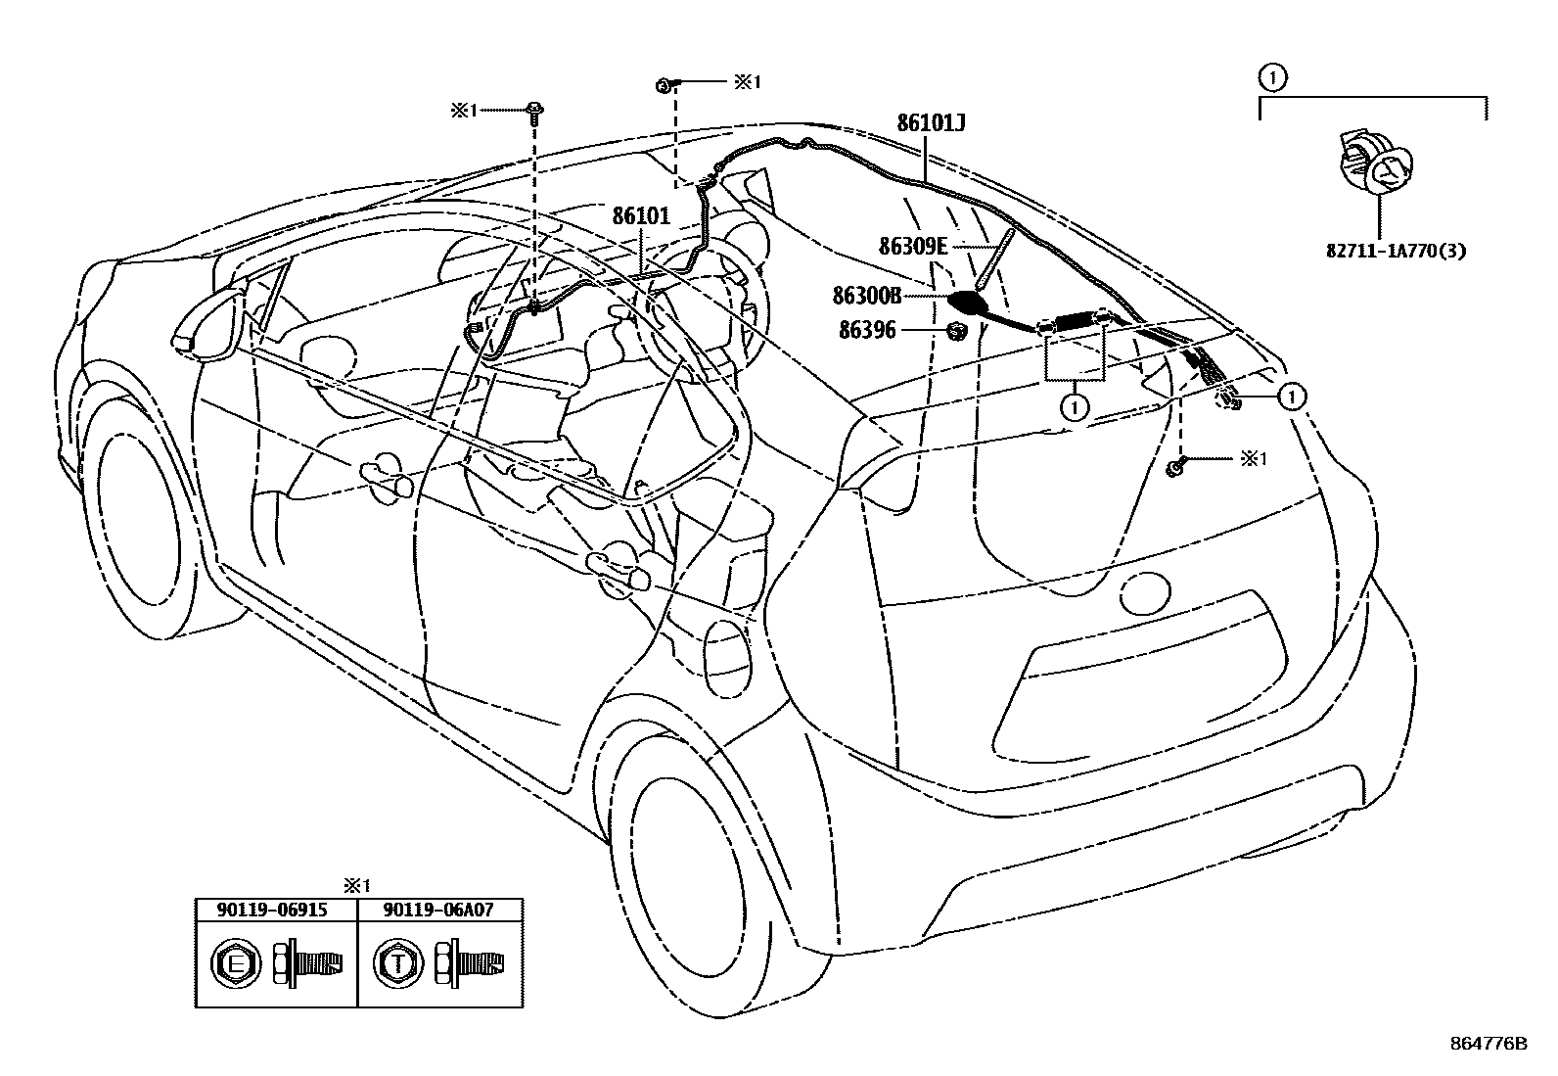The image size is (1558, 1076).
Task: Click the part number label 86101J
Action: click(x=932, y=123)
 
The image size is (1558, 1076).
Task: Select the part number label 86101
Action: click(x=641, y=216)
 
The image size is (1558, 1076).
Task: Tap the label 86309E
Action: click(x=913, y=247)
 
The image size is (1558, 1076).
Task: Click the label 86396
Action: click(x=867, y=331)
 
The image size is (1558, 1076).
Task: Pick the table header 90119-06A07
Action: click(x=438, y=910)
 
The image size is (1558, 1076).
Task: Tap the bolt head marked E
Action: click(x=235, y=964)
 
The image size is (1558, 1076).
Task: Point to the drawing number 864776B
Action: click(x=1489, y=1044)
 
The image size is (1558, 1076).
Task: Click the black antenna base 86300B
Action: click(x=969, y=303)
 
